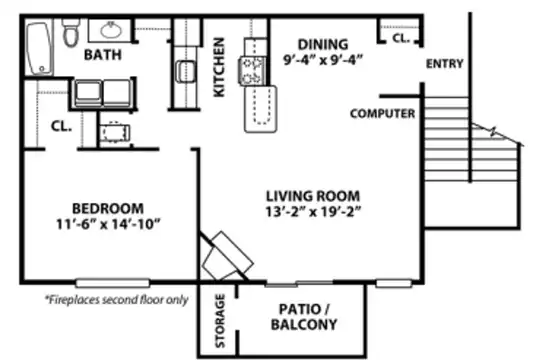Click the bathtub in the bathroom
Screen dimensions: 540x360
click(40, 48)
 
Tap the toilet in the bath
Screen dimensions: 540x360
click(71, 33)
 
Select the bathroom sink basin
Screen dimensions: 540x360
click(111, 30)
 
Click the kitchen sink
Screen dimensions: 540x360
click(186, 71)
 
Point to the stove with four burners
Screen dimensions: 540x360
click(252, 71)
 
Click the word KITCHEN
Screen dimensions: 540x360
click(219, 67)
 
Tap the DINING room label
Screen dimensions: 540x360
click(323, 45)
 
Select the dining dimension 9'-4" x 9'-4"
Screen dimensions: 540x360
click(323, 60)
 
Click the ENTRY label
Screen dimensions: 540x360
click(444, 64)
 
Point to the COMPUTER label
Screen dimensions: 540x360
click(382, 114)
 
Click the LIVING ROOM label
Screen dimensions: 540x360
click(313, 196)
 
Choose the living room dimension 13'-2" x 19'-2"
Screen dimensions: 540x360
click(313, 212)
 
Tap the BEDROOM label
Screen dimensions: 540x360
click(108, 208)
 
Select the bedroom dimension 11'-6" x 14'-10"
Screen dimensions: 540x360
click(108, 224)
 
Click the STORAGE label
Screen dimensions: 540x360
click(220, 320)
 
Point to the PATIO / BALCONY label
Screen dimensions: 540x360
click(304, 317)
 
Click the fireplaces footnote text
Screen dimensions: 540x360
click(117, 300)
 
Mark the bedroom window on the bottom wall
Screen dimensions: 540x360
click(113, 283)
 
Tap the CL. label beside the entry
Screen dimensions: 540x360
click(401, 38)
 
